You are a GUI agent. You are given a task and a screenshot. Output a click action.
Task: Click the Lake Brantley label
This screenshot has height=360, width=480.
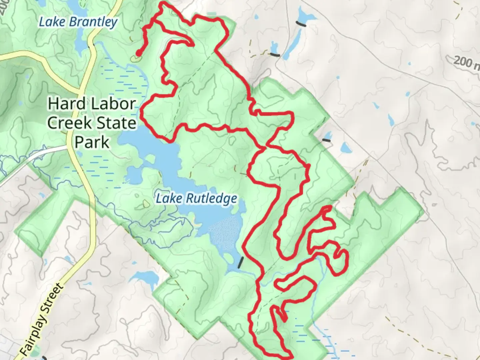(x=78, y=22)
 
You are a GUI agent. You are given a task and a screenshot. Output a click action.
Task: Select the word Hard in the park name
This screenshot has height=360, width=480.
(x=62, y=104)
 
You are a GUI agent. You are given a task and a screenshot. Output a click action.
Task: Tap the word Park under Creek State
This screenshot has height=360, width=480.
(x=92, y=142)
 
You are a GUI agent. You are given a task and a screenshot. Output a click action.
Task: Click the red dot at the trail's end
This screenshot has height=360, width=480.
(x=138, y=53)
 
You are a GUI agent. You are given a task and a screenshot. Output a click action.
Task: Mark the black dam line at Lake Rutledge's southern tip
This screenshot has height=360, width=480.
(x=241, y=263)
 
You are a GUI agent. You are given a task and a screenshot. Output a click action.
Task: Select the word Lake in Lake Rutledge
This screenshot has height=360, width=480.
(x=169, y=199)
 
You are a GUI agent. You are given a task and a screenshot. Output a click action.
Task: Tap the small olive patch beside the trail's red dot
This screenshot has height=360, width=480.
(x=135, y=59)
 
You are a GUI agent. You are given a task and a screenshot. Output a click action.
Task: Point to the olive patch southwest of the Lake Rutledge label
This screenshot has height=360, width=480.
(x=146, y=204)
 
